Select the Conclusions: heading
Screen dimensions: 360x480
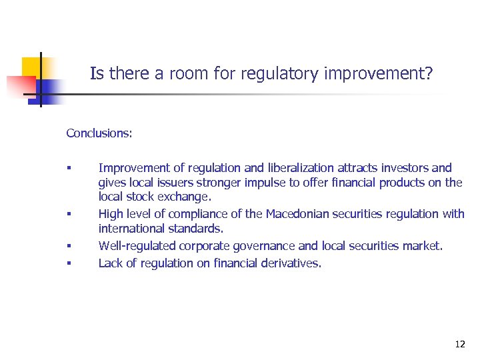point(99,133)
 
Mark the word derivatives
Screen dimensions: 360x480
point(291,263)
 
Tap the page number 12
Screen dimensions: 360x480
point(460,344)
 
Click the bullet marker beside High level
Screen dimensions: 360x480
point(69,215)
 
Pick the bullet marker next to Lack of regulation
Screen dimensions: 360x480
point(69,263)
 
